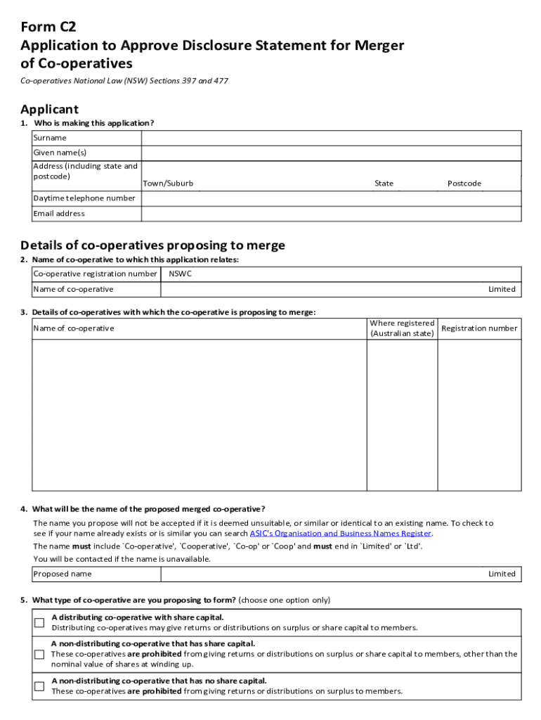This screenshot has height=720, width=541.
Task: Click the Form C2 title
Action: [48, 27]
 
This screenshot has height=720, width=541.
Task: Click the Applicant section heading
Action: [49, 109]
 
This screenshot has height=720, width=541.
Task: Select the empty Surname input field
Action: [331, 138]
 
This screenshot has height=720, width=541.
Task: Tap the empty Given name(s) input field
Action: [331, 153]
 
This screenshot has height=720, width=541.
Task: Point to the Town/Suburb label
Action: [168, 184]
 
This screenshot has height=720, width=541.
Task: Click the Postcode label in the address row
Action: [464, 184]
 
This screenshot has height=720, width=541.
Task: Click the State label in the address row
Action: [384, 184]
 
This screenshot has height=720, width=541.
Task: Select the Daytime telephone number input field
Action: [331, 198]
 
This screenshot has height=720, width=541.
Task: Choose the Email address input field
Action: [331, 214]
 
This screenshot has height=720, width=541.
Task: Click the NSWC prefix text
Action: [181, 274]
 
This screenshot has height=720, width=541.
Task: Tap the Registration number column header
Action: [479, 328]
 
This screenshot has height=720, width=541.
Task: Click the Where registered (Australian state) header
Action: [402, 328]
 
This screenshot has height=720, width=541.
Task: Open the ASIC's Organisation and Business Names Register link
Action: [336, 534]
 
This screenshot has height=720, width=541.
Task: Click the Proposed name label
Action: [63, 574]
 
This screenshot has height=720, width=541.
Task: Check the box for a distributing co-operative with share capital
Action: [40, 622]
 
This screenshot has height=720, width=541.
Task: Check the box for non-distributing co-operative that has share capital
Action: [40, 654]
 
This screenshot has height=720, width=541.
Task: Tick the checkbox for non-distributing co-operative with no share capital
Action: [40, 686]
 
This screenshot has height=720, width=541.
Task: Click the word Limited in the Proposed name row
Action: [502, 574]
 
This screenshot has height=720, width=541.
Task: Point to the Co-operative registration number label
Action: [95, 274]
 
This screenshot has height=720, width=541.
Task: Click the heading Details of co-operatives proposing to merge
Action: [152, 245]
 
